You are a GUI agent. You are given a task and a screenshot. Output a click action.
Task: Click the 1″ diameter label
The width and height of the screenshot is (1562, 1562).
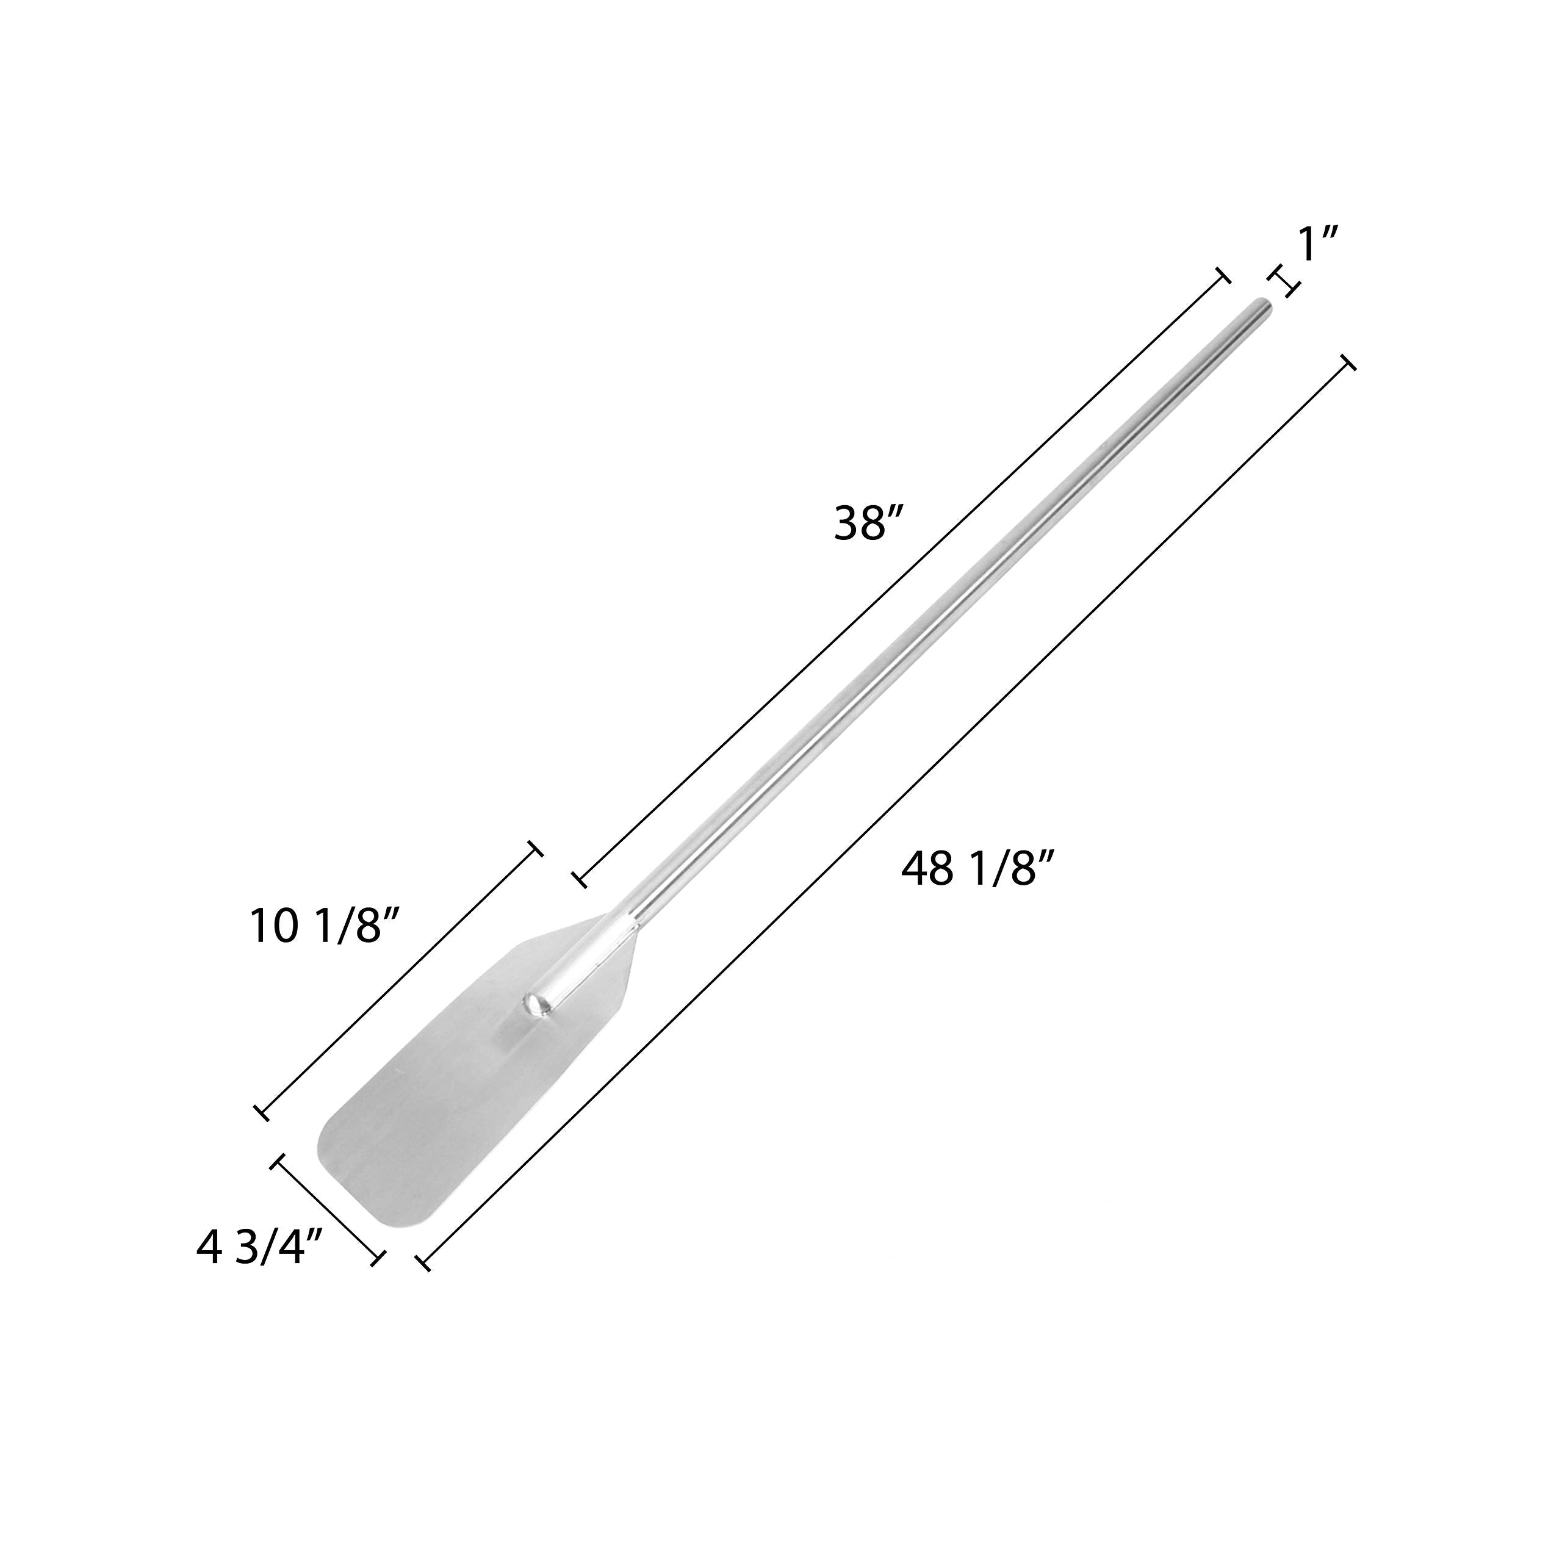(x=1319, y=244)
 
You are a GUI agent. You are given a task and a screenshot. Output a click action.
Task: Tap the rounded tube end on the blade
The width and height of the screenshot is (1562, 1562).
(x=536, y=1005)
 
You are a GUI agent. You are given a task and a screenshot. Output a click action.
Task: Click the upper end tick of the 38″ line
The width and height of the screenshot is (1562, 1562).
(x=1224, y=276)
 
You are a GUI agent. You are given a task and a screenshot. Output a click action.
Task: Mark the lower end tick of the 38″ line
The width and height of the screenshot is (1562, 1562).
(x=580, y=880)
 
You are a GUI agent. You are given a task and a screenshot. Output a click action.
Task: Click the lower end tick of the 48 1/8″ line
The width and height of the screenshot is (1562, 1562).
(x=423, y=1262)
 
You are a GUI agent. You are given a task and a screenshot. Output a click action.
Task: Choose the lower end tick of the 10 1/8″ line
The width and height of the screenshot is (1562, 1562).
(x=262, y=1112)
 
